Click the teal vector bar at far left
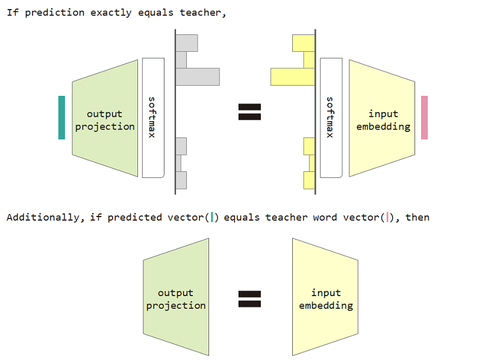click(x=61, y=118)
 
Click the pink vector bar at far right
click(x=425, y=118)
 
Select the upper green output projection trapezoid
click(x=105, y=119)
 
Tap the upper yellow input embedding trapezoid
click(x=383, y=119)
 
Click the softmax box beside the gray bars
click(x=153, y=118)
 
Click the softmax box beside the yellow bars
click(x=331, y=118)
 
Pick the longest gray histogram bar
click(x=198, y=77)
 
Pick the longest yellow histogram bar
click(x=293, y=77)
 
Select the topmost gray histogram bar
click(x=187, y=43)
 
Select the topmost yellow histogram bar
click(x=304, y=43)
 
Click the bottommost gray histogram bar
click(x=181, y=180)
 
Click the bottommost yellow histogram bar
click(x=309, y=180)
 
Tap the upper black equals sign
click(x=249, y=112)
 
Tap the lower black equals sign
click(x=249, y=299)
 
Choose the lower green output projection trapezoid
click(x=176, y=299)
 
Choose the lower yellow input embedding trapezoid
click(x=325, y=299)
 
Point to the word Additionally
click(x=43, y=217)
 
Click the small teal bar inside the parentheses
click(x=213, y=217)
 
